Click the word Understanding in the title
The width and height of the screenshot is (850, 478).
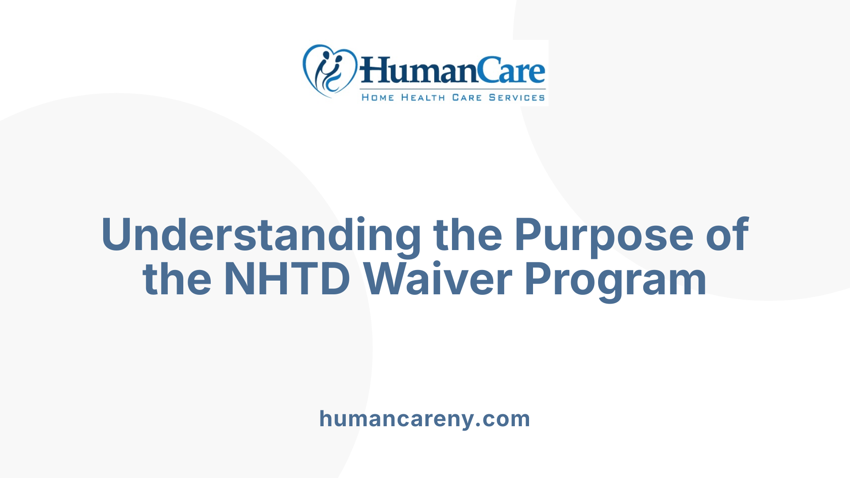(x=261, y=235)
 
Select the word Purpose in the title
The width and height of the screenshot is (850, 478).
(x=604, y=235)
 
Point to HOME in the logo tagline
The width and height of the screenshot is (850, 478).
(x=378, y=97)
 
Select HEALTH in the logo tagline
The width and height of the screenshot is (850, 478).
(x=423, y=97)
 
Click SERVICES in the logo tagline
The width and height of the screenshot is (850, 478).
(x=517, y=97)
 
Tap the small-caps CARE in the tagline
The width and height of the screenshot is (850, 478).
(x=467, y=97)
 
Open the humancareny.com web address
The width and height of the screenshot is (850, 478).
(x=425, y=419)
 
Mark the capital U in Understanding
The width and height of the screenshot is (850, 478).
(x=117, y=234)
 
